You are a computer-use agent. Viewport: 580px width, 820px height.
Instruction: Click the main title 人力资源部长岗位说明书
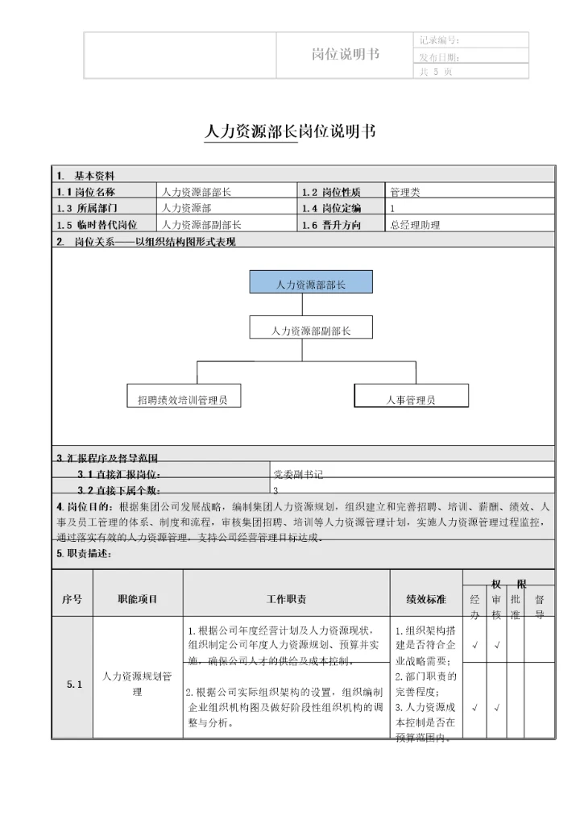[290, 131]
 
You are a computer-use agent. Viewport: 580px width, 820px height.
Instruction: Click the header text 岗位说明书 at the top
[345, 55]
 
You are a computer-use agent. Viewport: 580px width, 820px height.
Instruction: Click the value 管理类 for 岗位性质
[405, 192]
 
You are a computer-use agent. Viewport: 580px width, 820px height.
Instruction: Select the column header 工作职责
[286, 599]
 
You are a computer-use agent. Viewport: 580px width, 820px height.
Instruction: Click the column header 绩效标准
[426, 599]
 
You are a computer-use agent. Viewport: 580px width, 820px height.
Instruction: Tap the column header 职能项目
[138, 599]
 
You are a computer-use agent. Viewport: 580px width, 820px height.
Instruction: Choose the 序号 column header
[72, 599]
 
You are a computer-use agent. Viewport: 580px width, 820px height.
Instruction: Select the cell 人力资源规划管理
[138, 685]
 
